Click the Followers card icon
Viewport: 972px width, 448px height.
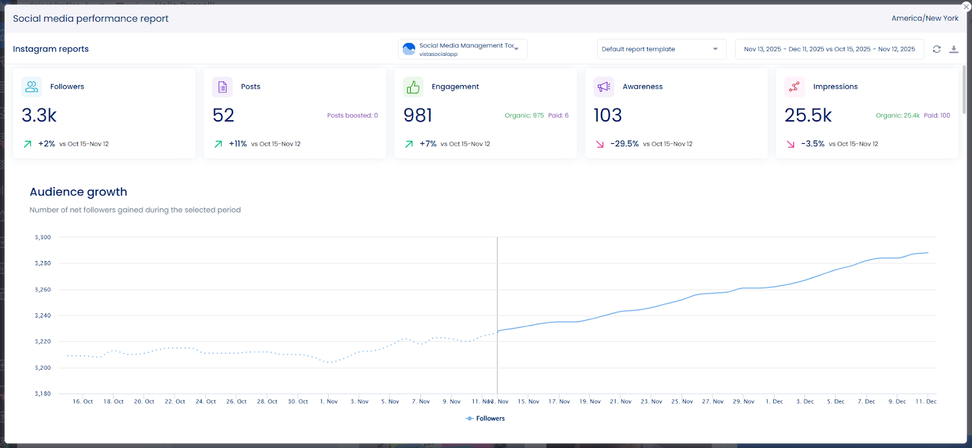coord(32,87)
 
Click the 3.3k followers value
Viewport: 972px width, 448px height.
coord(39,115)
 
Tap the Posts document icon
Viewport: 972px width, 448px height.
coord(222,87)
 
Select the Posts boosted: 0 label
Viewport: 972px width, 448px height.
coord(352,115)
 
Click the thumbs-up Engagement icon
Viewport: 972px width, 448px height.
coord(413,87)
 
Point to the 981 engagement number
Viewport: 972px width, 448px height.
coord(418,115)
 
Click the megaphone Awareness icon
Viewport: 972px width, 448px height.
coord(604,87)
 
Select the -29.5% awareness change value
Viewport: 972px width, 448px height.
coord(625,144)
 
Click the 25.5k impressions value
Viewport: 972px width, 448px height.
coord(808,115)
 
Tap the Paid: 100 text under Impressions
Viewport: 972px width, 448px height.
coord(937,115)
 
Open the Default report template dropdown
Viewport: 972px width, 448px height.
coord(661,49)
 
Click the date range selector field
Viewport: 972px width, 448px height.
coord(829,49)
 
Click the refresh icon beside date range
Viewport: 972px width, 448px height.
coord(937,49)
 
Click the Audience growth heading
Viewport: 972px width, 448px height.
coord(78,192)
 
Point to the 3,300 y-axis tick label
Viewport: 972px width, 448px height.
coord(43,237)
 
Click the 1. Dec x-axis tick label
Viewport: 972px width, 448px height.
coord(775,401)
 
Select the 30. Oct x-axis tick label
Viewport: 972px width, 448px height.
coord(298,401)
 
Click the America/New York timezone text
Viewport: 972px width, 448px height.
coord(925,18)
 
